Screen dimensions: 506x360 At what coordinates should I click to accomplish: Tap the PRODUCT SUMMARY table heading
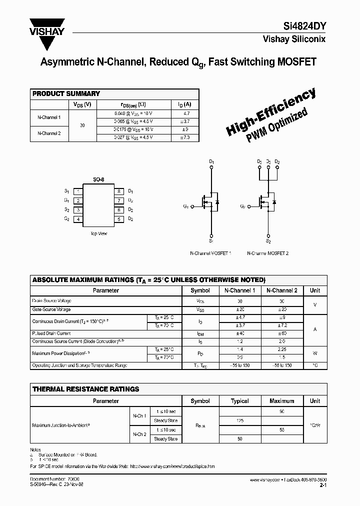pos(66,93)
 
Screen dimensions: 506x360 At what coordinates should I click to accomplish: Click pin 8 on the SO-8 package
pos(119,191)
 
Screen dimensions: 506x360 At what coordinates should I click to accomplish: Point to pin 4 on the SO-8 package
pos(78,219)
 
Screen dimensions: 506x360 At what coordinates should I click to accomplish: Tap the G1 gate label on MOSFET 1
pos(186,205)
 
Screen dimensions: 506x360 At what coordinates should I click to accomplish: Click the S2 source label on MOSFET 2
pos(268,241)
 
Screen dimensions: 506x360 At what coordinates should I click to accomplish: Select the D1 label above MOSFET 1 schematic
pos(211,161)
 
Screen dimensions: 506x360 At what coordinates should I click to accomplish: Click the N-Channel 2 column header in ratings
pos(281,290)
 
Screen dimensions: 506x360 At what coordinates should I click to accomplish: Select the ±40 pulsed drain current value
pos(239,333)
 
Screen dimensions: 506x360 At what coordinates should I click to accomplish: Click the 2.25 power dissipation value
pos(281,350)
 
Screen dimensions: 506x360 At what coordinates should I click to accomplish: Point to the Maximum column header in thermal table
pos(282,401)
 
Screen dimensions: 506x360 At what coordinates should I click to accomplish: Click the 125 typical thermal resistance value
pos(240,421)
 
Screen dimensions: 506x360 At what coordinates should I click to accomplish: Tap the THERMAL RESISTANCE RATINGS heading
pos(85,389)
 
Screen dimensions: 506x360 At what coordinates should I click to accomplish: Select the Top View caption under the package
pos(98,233)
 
